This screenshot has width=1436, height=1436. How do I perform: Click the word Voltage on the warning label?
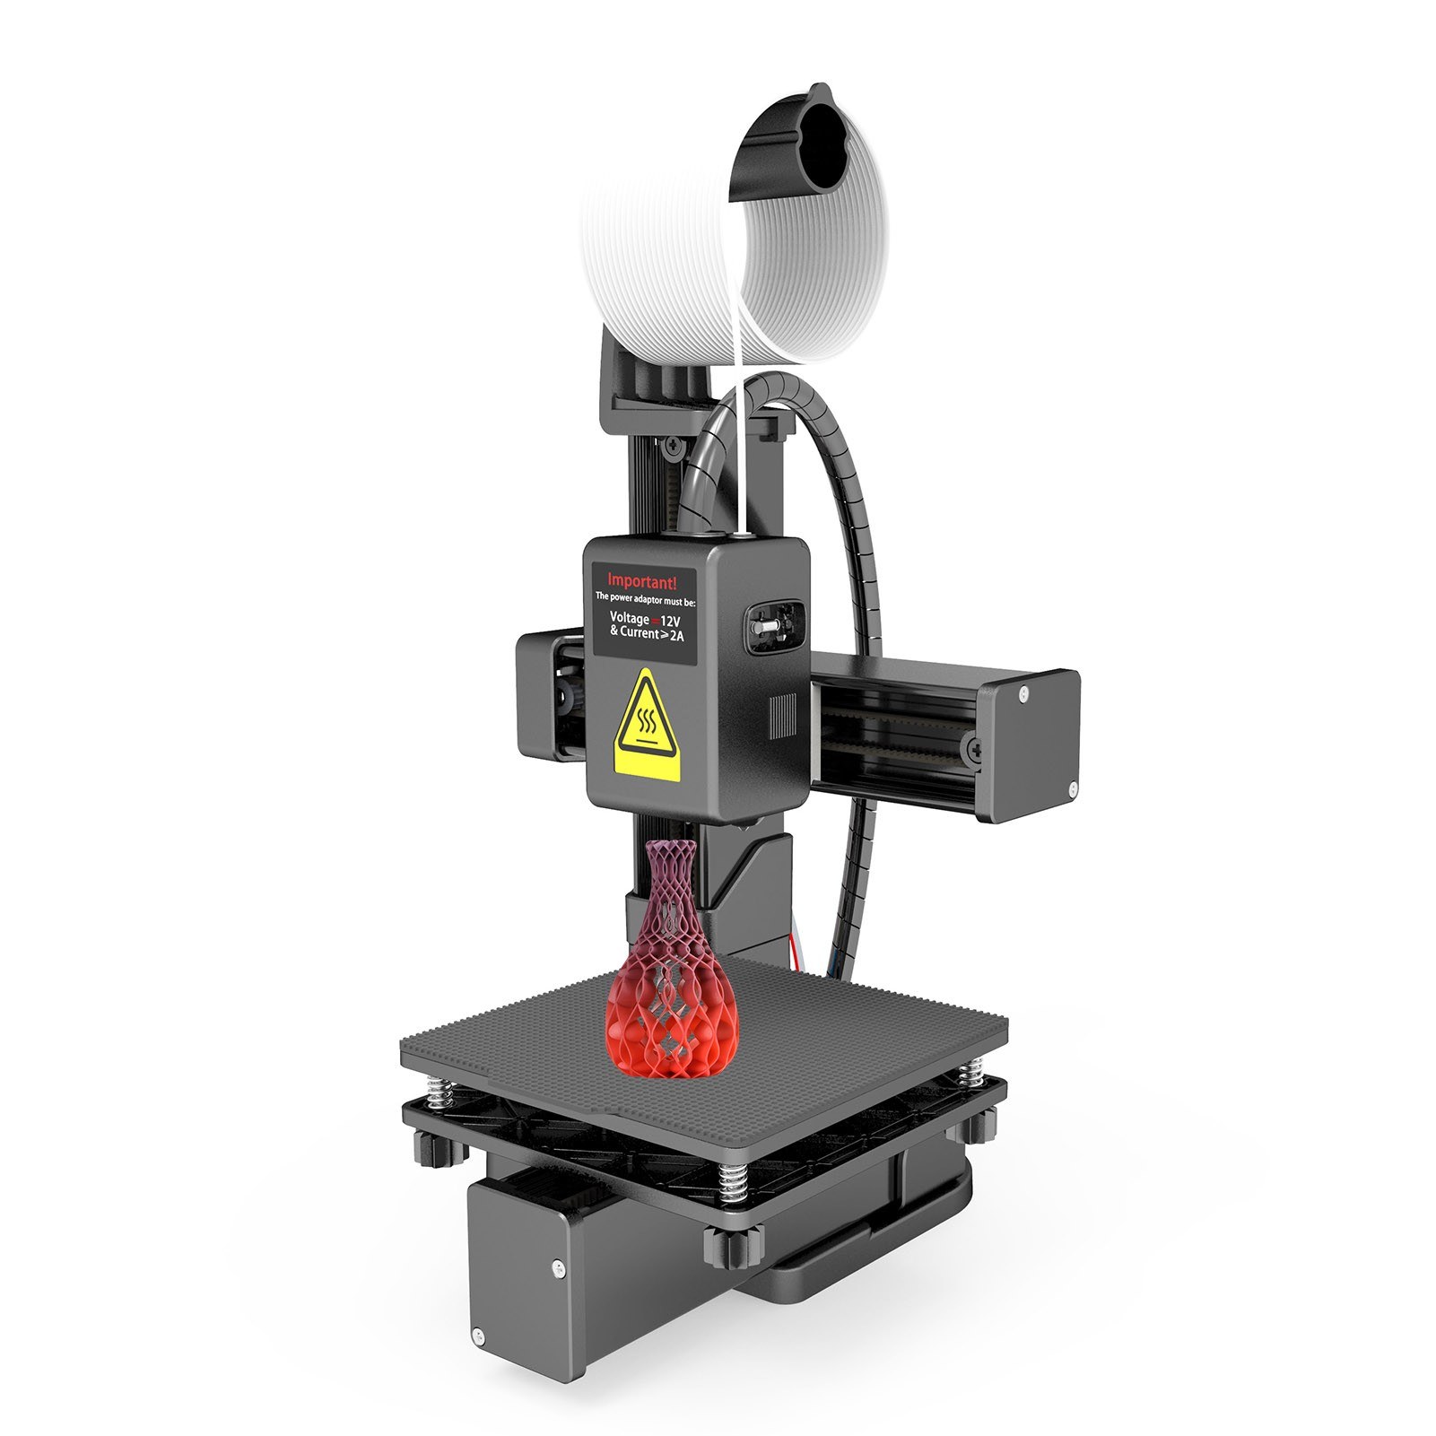tap(629, 618)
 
